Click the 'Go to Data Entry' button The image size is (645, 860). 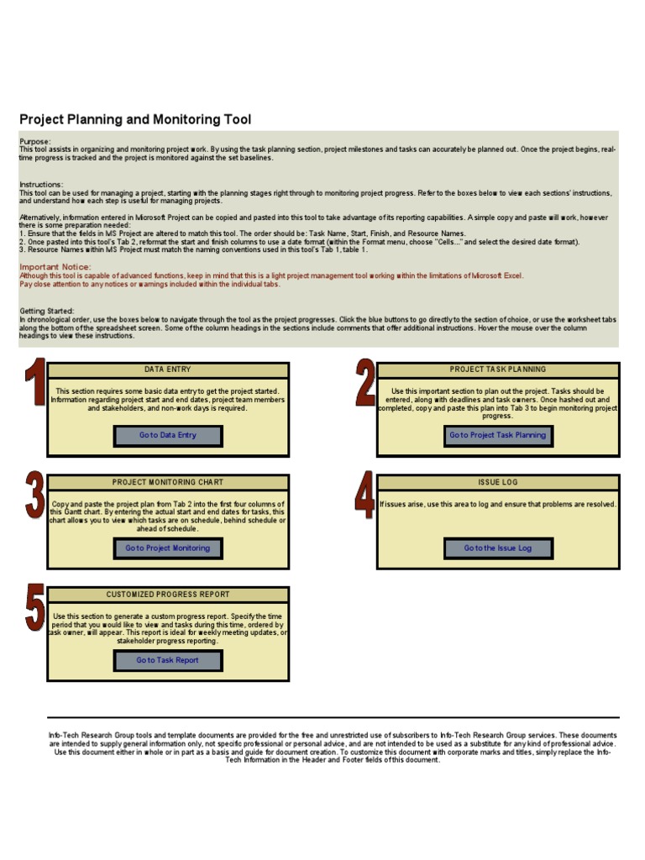(x=168, y=435)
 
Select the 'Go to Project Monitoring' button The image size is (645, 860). (x=168, y=548)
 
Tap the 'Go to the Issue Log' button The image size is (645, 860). (x=498, y=548)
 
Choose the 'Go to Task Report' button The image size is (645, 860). (x=168, y=660)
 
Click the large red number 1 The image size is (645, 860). (x=34, y=383)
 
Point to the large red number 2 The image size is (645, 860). (x=364, y=383)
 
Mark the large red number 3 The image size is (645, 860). (x=34, y=496)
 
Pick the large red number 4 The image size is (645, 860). (x=364, y=496)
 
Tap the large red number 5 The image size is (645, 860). (x=34, y=608)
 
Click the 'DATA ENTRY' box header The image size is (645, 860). (x=168, y=370)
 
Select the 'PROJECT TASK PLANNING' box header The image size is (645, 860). (x=498, y=370)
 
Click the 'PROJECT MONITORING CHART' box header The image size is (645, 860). (x=168, y=482)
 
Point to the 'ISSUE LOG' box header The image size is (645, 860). (x=498, y=482)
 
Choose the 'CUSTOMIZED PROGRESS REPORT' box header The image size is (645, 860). (x=168, y=595)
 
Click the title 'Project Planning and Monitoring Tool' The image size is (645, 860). (x=135, y=120)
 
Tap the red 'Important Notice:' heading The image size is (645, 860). (x=55, y=267)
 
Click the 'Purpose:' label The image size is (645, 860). (x=35, y=141)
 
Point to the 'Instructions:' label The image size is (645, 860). (x=41, y=185)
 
